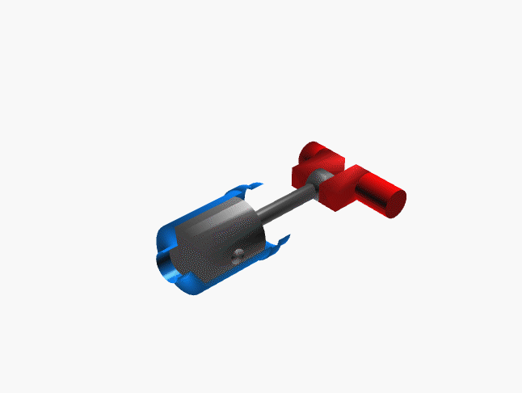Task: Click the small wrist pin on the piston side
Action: (238, 256)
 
